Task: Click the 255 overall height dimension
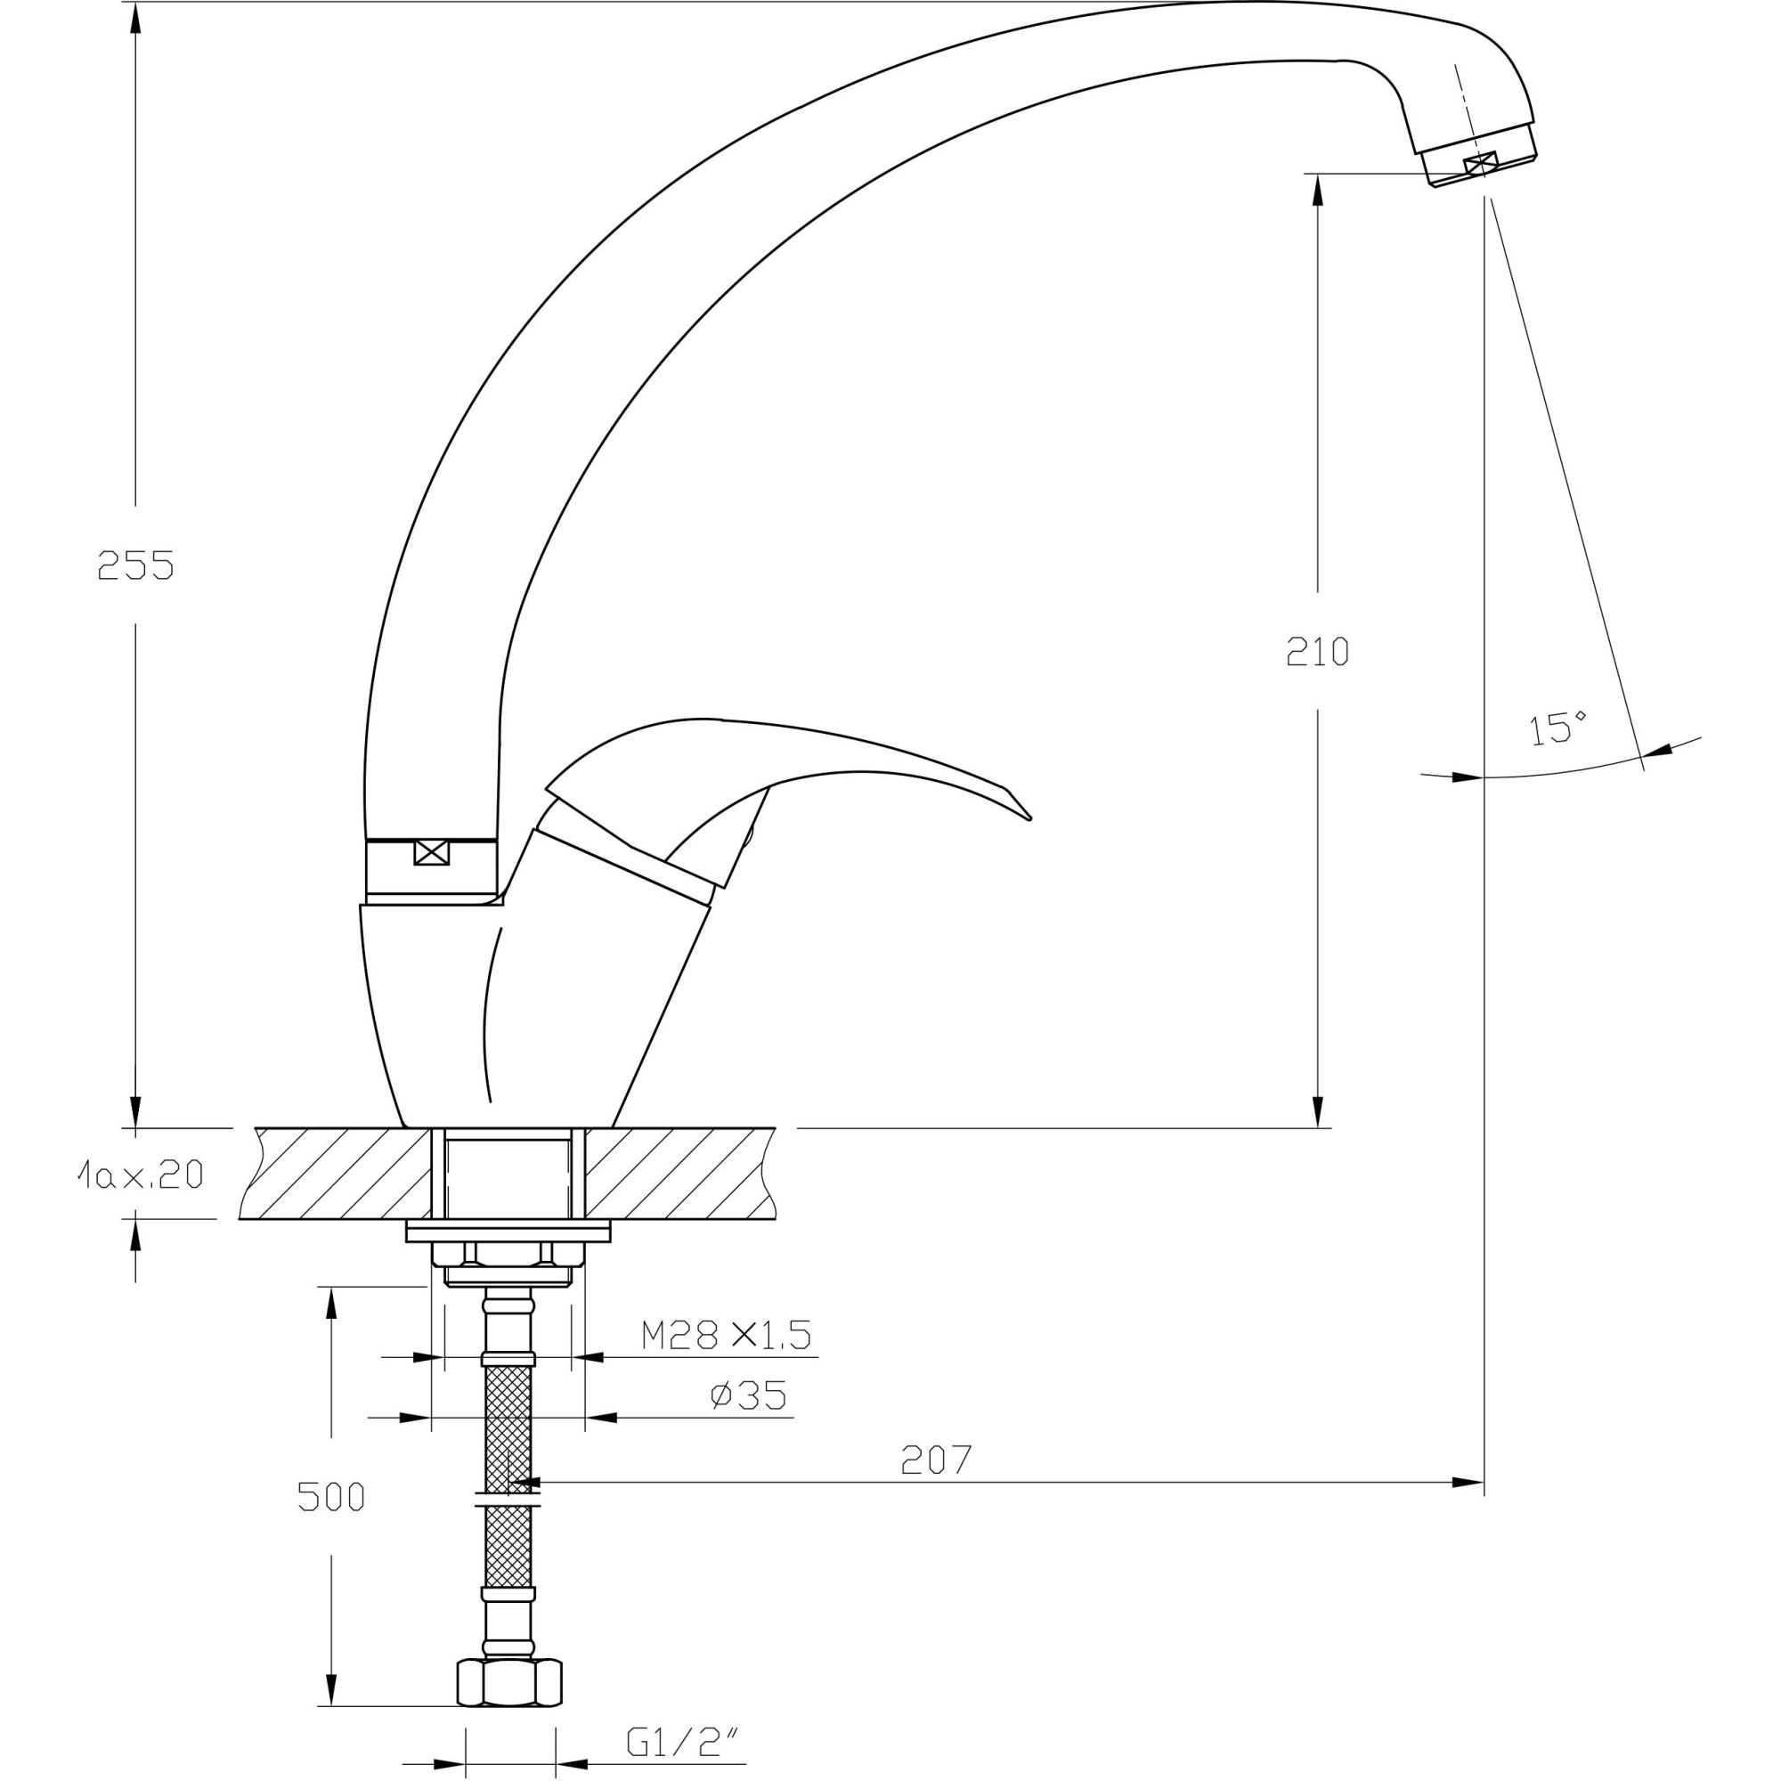point(135,565)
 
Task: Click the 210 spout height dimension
point(1317,652)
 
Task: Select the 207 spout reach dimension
point(936,1460)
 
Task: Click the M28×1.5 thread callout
point(726,1335)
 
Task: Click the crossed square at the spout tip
point(1476,165)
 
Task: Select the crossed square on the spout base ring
point(431,853)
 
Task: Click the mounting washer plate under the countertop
point(508,1233)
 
